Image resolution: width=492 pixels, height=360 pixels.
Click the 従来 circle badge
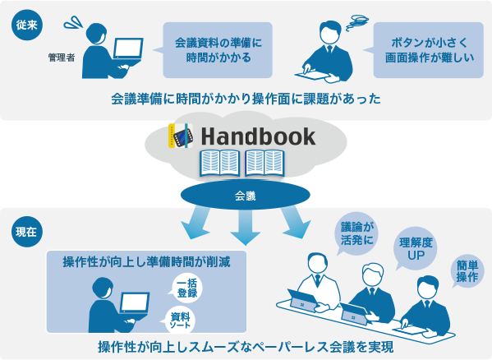click(x=27, y=25)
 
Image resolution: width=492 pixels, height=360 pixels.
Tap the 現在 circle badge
click(x=27, y=232)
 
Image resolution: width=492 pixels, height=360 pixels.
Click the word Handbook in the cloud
click(x=258, y=136)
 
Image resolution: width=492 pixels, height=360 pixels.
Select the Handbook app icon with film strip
click(x=181, y=136)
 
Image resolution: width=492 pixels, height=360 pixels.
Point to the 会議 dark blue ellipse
click(x=246, y=195)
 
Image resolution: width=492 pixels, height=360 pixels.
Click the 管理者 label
click(x=62, y=58)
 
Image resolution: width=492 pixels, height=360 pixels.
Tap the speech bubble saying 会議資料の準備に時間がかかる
click(x=217, y=50)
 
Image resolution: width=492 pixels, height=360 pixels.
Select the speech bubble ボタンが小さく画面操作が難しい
click(x=427, y=50)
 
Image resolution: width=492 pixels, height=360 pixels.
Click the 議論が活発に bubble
click(x=357, y=233)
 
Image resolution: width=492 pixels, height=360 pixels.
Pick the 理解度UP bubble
click(x=415, y=248)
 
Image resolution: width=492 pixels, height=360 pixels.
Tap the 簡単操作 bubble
click(x=467, y=271)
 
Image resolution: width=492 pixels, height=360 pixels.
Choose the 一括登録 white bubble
click(x=186, y=288)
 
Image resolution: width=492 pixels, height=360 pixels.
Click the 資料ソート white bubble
click(x=179, y=321)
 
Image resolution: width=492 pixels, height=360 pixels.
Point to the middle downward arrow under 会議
click(x=246, y=227)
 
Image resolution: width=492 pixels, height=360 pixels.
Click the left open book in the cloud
click(x=220, y=164)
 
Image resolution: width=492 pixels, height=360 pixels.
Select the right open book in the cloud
click(x=265, y=164)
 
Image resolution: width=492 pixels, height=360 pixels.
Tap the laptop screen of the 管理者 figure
click(x=128, y=48)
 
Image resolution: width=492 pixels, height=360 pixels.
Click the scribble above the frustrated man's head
click(x=357, y=22)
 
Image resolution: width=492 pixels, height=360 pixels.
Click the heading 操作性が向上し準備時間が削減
click(x=146, y=261)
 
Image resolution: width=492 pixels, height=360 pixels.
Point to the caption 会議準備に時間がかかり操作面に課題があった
click(x=246, y=99)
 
